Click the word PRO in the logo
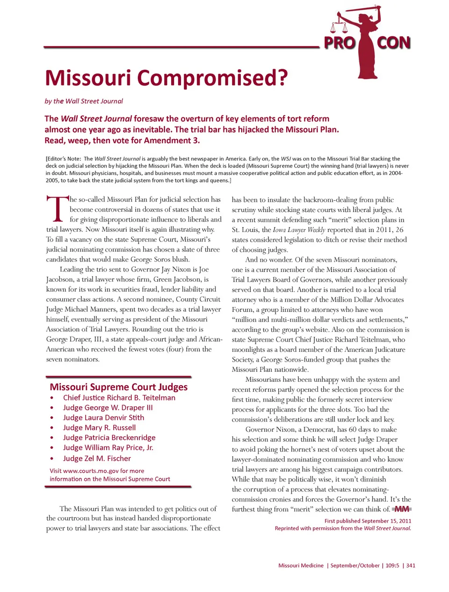click(340, 43)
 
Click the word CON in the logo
click(394, 43)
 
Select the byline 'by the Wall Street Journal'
click(84, 101)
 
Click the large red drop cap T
click(57, 209)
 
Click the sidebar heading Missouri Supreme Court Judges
click(118, 387)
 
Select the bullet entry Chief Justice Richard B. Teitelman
click(119, 398)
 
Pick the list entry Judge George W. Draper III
click(108, 408)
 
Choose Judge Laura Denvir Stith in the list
click(103, 417)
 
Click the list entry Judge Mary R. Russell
click(99, 428)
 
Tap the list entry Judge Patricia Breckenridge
click(109, 438)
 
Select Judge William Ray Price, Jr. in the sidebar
click(108, 447)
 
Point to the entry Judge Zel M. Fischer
click(97, 459)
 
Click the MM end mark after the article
click(402, 509)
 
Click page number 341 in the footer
click(411, 565)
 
